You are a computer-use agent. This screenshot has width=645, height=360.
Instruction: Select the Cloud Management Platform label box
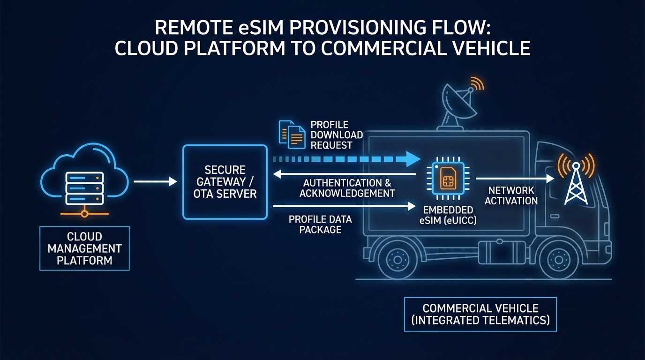pyautogui.click(x=84, y=248)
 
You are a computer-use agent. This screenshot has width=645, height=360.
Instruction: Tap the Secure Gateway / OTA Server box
pyautogui.click(x=225, y=182)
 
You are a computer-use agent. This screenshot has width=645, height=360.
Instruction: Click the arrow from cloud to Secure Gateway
pyautogui.click(x=155, y=181)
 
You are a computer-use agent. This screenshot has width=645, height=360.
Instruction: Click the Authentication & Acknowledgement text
pyautogui.click(x=347, y=188)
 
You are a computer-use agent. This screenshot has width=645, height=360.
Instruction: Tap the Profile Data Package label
pyautogui.click(x=320, y=225)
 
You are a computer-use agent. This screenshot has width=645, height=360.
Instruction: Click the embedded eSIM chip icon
pyautogui.click(x=445, y=179)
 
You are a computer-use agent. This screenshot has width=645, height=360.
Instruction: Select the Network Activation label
pyautogui.click(x=511, y=195)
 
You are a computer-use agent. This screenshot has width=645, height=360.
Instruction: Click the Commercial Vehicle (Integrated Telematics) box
pyautogui.click(x=480, y=315)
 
